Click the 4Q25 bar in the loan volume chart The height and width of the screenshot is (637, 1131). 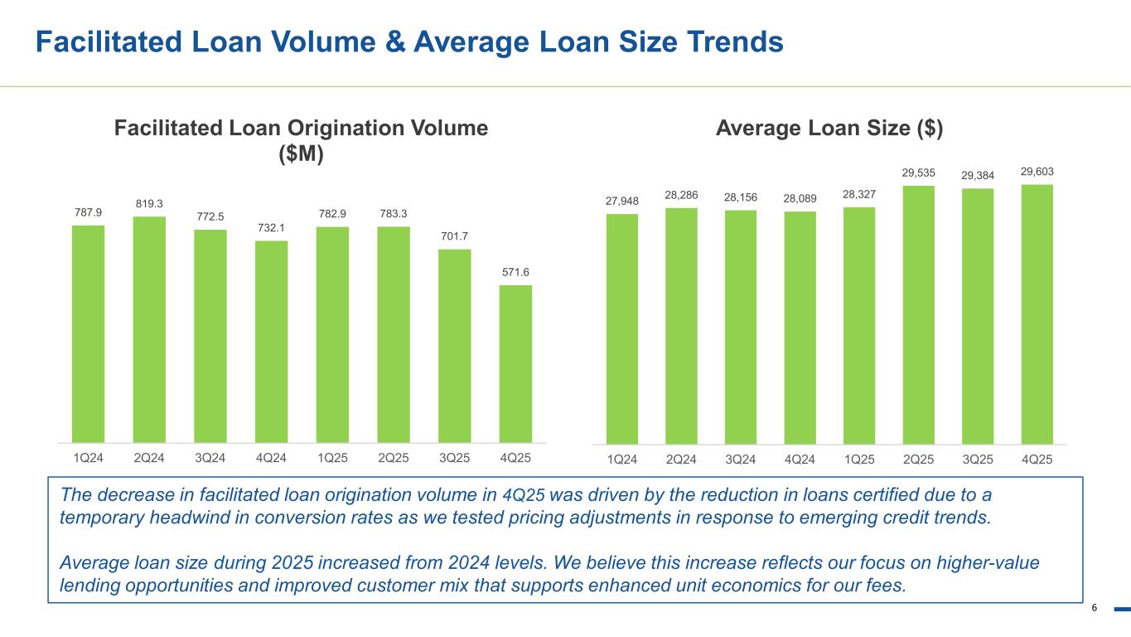[515, 364]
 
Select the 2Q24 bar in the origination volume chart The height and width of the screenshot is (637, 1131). [149, 329]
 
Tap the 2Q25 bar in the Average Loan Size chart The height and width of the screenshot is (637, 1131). [918, 315]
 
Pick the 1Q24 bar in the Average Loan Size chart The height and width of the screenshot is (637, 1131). [622, 329]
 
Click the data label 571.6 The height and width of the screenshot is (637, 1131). [515, 273]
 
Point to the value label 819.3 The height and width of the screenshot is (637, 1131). [149, 204]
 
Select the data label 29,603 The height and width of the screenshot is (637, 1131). [1037, 172]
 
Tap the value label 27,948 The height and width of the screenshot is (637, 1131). [622, 202]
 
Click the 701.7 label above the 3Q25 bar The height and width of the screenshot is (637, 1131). [454, 236]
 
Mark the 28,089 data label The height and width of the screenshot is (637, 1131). [800, 199]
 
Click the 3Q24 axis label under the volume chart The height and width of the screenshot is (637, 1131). [210, 458]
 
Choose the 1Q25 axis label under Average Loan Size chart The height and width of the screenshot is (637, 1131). [859, 460]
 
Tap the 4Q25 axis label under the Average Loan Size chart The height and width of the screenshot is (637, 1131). [1037, 460]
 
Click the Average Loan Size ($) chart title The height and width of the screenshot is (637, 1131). [829, 129]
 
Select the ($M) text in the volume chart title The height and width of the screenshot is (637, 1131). [301, 153]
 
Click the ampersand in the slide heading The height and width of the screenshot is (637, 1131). [395, 41]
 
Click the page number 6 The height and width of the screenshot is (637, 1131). [1095, 608]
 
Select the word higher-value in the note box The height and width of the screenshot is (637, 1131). [988, 562]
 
